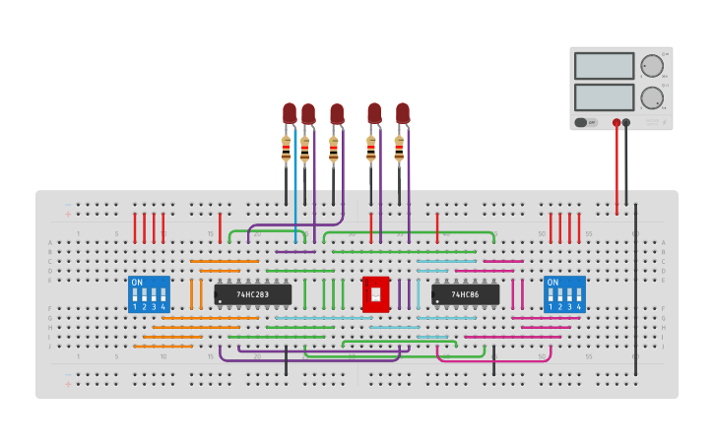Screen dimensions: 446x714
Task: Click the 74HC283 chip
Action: click(253, 294)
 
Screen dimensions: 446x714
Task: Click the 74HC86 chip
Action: click(465, 294)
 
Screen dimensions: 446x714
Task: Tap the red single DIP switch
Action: click(375, 294)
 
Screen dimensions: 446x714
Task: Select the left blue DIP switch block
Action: click(150, 294)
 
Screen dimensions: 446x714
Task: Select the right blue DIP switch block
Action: click(564, 294)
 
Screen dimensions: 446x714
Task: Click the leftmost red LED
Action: click(290, 113)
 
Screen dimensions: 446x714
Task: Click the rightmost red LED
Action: click(402, 113)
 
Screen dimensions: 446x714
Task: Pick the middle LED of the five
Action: click(337, 114)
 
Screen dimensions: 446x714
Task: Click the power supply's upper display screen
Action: click(604, 66)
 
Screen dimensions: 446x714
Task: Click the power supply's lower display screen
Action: click(604, 96)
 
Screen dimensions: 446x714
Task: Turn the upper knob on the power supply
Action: click(651, 66)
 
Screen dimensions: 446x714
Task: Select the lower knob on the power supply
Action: click(651, 97)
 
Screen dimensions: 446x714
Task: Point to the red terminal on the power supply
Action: click(617, 123)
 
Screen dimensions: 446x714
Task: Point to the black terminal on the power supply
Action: click(626, 123)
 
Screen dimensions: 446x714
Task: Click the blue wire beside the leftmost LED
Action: click(294, 187)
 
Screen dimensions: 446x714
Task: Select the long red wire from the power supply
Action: click(617, 167)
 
